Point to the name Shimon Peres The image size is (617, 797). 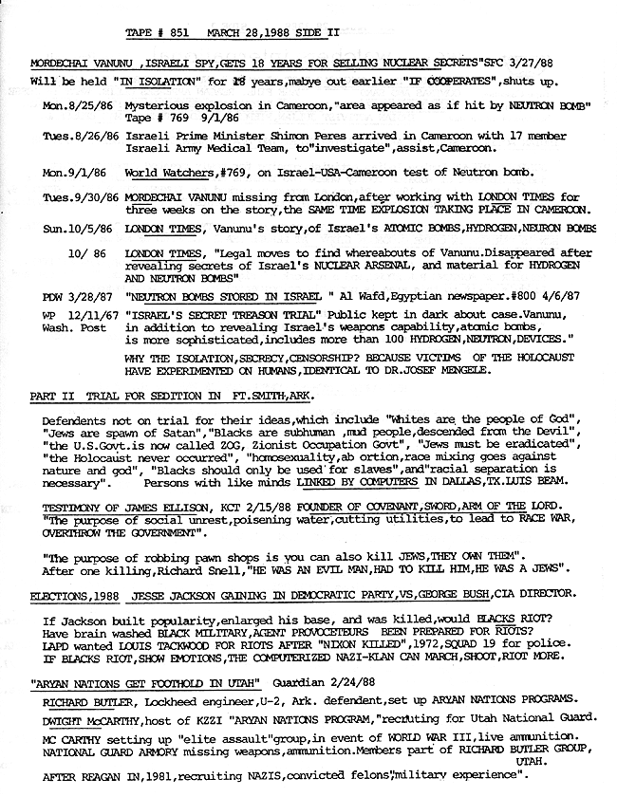[x=290, y=137]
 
